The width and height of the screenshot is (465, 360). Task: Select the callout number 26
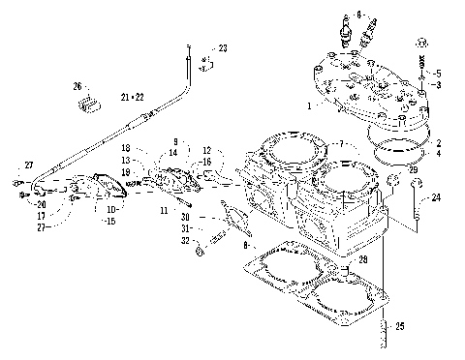pyautogui.click(x=77, y=86)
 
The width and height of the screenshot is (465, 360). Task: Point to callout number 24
pyautogui.click(x=437, y=198)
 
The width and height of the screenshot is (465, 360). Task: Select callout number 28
pyautogui.click(x=362, y=260)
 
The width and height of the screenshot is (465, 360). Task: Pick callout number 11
pyautogui.click(x=165, y=209)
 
